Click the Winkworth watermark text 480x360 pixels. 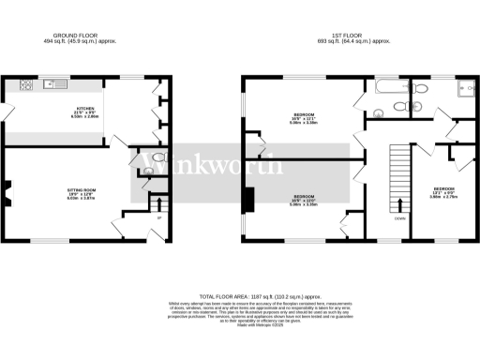click(x=211, y=168)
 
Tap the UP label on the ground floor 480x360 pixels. click(x=159, y=218)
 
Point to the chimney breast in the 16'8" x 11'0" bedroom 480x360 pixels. click(x=248, y=200)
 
